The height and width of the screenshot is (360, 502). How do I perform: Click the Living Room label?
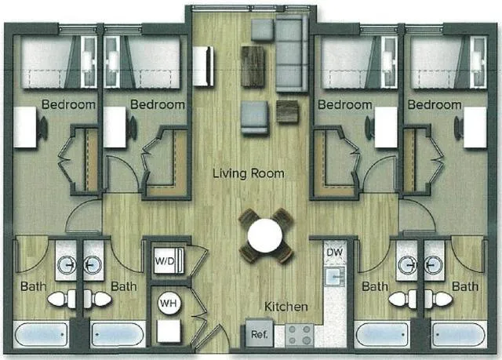248,173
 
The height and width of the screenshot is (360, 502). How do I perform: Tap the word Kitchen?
285,306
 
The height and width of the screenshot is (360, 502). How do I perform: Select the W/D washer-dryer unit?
168,260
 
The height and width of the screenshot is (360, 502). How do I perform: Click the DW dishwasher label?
334,253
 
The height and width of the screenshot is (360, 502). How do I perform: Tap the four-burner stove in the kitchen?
298,336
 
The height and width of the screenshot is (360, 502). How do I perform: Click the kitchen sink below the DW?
336,276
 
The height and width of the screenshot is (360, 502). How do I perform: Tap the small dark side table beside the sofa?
288,111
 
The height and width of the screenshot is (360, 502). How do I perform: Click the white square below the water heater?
168,331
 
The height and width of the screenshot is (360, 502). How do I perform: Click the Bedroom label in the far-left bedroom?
69,104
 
